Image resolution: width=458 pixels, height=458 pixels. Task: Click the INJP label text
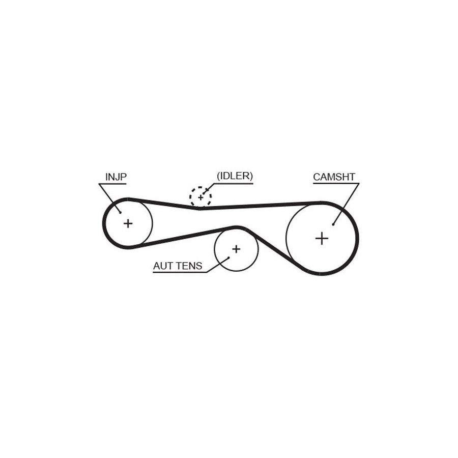coord(116,177)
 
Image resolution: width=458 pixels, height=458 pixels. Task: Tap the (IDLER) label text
coord(235,176)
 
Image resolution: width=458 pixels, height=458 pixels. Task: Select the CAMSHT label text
coord(334,177)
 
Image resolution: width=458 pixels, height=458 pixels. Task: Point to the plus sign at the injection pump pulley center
coord(128,224)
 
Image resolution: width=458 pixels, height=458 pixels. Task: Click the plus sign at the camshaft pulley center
coord(322,239)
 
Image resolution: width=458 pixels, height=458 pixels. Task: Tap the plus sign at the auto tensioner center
coord(236,249)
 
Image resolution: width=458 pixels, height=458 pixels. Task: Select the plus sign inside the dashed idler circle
coord(201,198)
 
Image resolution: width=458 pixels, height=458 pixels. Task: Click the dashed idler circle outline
coord(190,196)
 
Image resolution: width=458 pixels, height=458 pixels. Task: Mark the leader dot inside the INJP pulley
coord(120,213)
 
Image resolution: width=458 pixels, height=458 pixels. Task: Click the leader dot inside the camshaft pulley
coord(333,224)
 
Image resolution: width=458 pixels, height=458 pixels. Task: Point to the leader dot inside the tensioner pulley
coord(228,257)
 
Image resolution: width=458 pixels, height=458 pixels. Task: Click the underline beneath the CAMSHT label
coord(336,183)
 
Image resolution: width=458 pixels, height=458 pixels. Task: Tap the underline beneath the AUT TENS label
coord(180,272)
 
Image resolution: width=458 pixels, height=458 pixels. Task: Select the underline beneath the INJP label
coord(112,184)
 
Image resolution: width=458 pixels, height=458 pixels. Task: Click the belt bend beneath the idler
coord(200,208)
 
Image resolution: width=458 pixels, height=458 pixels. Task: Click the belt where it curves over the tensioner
coord(237,227)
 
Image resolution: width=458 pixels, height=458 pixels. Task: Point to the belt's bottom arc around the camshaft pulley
coord(321,274)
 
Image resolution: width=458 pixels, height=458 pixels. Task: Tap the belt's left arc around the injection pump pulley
coord(104,223)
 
